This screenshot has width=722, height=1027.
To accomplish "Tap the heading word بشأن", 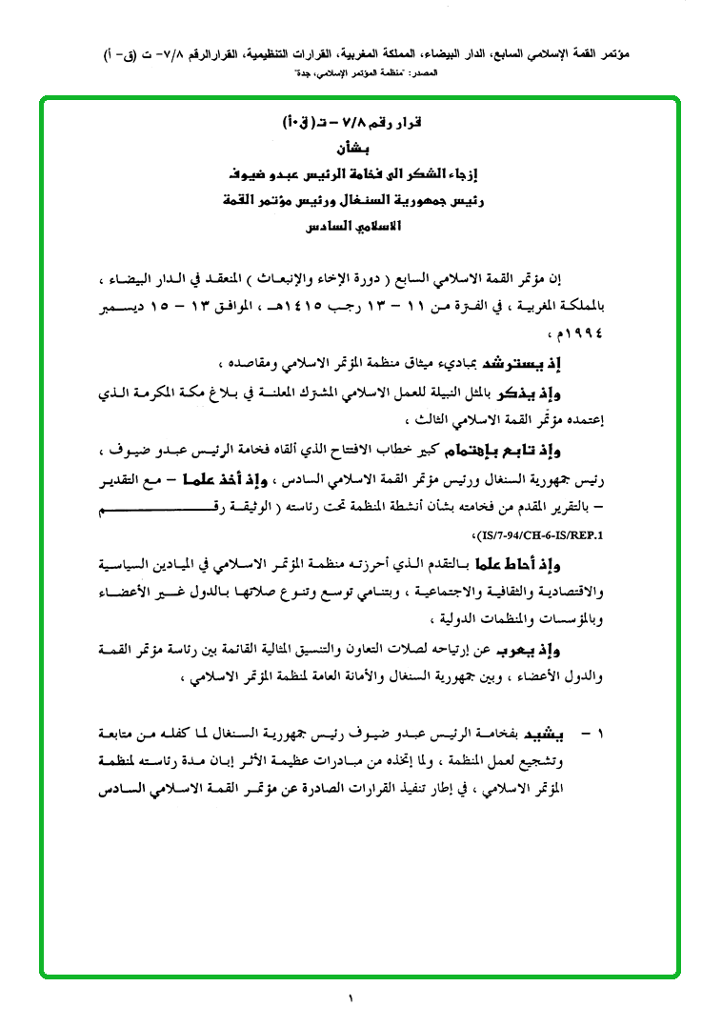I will pyautogui.click(x=351, y=150).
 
